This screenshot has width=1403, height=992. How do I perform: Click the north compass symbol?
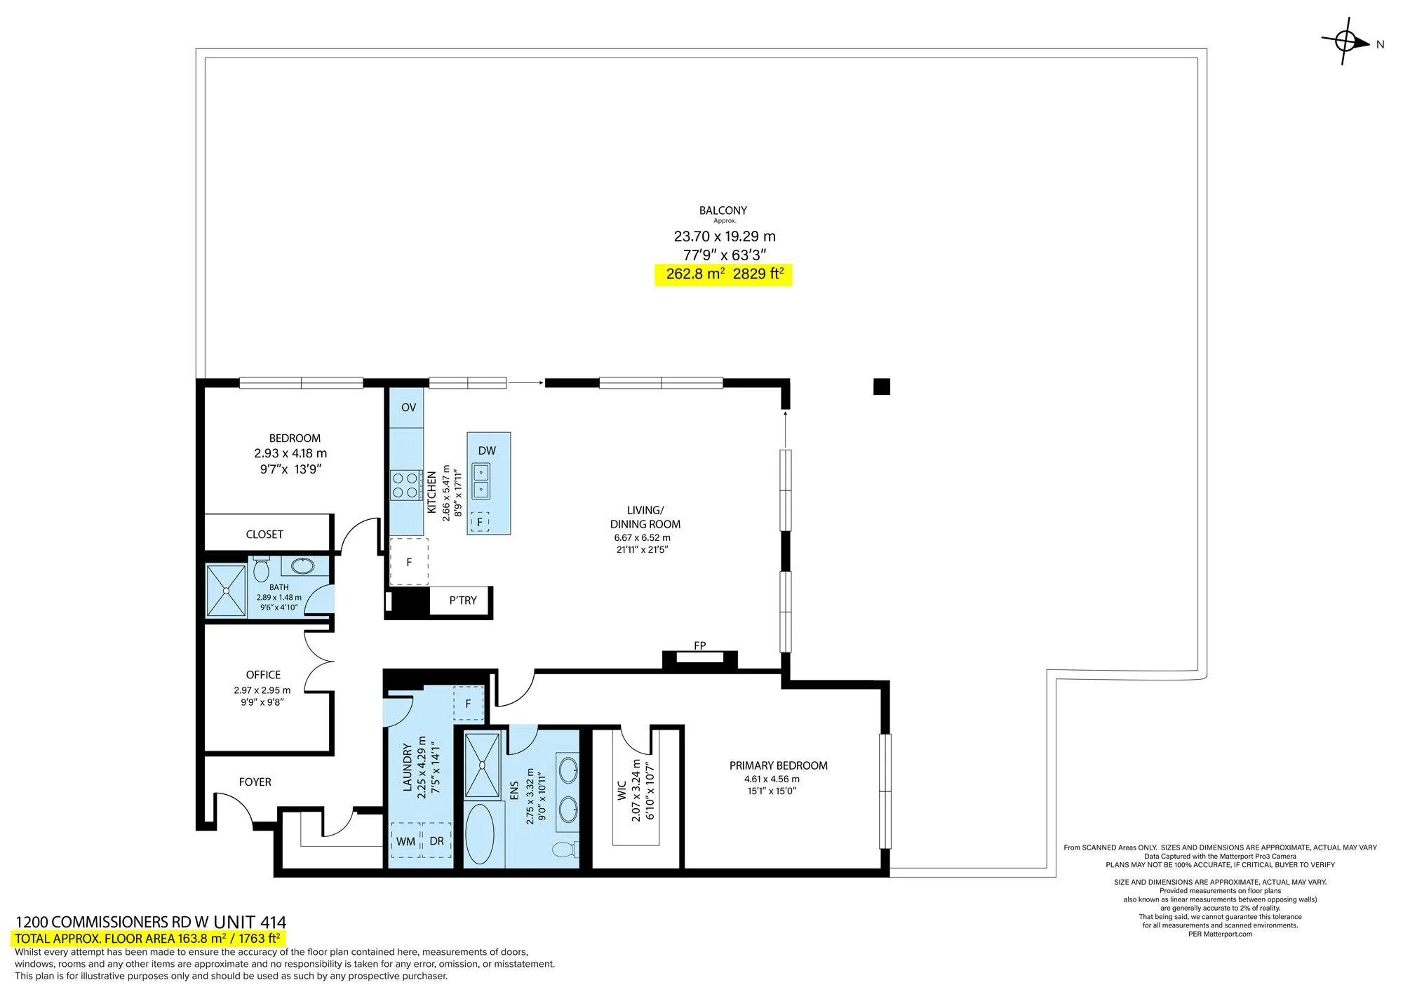(1346, 42)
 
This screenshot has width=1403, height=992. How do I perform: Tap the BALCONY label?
(723, 210)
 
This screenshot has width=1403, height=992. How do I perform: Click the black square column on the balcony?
(882, 387)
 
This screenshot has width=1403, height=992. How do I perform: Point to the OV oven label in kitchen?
(408, 408)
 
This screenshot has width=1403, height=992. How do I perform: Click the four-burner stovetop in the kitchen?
(405, 485)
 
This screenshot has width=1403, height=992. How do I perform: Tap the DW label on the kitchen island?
(487, 450)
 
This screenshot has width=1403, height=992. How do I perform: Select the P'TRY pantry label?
(463, 601)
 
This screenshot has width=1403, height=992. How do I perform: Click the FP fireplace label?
(699, 645)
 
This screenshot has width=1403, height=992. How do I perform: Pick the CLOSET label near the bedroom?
(264, 535)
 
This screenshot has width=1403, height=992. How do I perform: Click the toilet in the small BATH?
(261, 568)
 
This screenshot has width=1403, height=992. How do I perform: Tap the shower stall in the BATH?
(226, 591)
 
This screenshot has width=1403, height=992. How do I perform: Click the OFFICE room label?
(263, 675)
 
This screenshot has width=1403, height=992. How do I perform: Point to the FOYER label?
(255, 782)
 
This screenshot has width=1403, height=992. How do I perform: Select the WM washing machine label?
(405, 841)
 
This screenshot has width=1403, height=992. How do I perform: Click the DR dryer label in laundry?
(436, 841)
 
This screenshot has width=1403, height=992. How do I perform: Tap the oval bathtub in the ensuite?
(480, 834)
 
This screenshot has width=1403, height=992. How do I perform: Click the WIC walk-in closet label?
(622, 791)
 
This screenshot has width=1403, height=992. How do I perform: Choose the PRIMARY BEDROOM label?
(779, 766)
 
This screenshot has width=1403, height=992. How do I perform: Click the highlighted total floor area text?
(148, 939)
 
